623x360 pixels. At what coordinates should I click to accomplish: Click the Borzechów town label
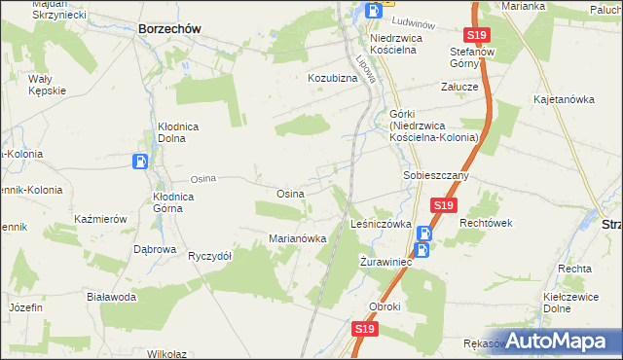[x=169, y=29]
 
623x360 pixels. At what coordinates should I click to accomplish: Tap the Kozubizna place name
[x=333, y=77]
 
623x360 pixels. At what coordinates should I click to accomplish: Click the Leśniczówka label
[x=381, y=224]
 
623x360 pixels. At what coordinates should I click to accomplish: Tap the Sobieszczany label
[x=437, y=176]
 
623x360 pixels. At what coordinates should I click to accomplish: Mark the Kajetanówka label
[x=564, y=99]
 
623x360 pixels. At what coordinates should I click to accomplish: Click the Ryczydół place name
[x=209, y=256]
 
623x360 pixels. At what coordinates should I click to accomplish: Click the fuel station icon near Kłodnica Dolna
[x=141, y=162]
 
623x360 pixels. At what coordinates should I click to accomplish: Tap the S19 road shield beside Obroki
[x=363, y=330]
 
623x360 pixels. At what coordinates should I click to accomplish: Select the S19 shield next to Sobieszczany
[x=444, y=206]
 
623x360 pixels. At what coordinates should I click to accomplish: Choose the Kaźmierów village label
[x=101, y=220]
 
